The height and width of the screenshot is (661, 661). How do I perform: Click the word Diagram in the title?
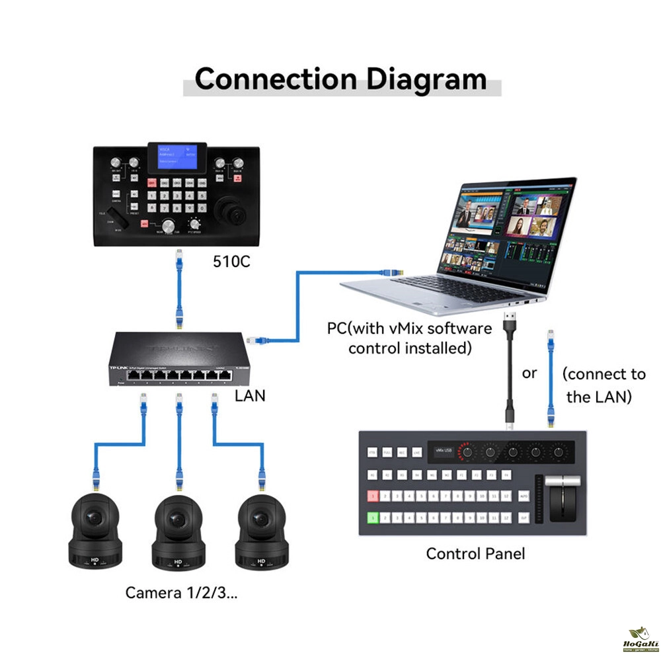pyautogui.click(x=426, y=79)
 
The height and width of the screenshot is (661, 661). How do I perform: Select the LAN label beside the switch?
pyautogui.click(x=250, y=396)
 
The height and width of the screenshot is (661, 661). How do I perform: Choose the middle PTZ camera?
pyautogui.click(x=177, y=529)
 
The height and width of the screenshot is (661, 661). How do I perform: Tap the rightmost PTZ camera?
pyautogui.click(x=260, y=529)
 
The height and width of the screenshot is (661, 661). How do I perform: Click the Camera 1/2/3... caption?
pyautogui.click(x=182, y=593)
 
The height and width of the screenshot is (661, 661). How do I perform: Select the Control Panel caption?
pyautogui.click(x=475, y=553)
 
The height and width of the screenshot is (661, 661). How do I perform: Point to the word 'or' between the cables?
pyautogui.click(x=529, y=373)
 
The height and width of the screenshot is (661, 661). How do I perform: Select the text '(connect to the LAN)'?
pyautogui.click(x=603, y=385)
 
